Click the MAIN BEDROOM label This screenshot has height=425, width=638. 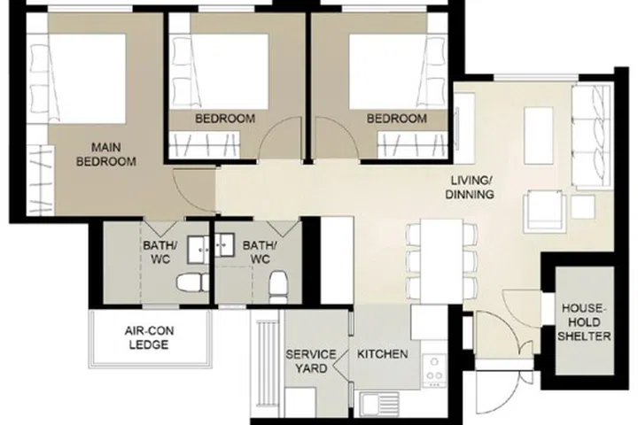click(x=106, y=154)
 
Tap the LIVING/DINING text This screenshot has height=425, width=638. click(x=469, y=187)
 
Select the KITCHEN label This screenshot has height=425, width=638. click(x=382, y=354)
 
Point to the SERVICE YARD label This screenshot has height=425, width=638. click(x=309, y=361)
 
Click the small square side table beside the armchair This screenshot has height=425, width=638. click(x=582, y=206)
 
